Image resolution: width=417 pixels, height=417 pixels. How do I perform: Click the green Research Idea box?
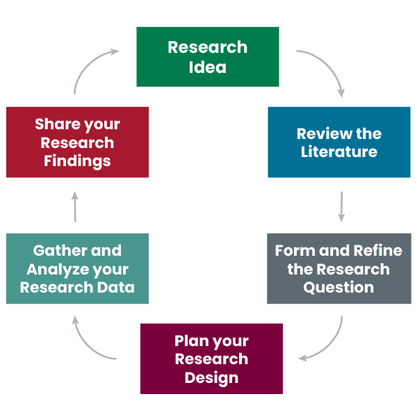pyautogui.click(x=207, y=57)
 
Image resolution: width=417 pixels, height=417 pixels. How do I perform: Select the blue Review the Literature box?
pyautogui.click(x=339, y=142)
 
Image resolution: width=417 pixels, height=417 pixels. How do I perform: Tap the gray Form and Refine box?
pyautogui.click(x=338, y=269)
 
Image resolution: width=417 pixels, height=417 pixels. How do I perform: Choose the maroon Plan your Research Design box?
pyautogui.click(x=211, y=359)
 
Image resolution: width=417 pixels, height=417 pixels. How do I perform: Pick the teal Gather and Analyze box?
pyautogui.click(x=77, y=269)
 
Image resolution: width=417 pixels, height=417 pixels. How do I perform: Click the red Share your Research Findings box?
pyautogui.click(x=77, y=142)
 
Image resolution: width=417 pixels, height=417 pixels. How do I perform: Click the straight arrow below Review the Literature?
pyautogui.click(x=341, y=206)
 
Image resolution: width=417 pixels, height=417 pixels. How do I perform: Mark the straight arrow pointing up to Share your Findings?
pyautogui.click(x=76, y=206)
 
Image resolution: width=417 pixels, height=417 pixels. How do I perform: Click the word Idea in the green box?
pyautogui.click(x=207, y=67)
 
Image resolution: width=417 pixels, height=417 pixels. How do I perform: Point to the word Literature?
pyautogui.click(x=339, y=152)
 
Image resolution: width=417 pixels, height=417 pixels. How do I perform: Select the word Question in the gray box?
pyautogui.click(x=338, y=287)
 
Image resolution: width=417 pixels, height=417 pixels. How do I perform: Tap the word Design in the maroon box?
pyautogui.click(x=211, y=378)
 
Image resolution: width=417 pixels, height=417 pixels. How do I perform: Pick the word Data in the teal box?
pyautogui.click(x=117, y=287)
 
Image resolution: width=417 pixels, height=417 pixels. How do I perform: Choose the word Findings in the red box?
pyautogui.click(x=77, y=161)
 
